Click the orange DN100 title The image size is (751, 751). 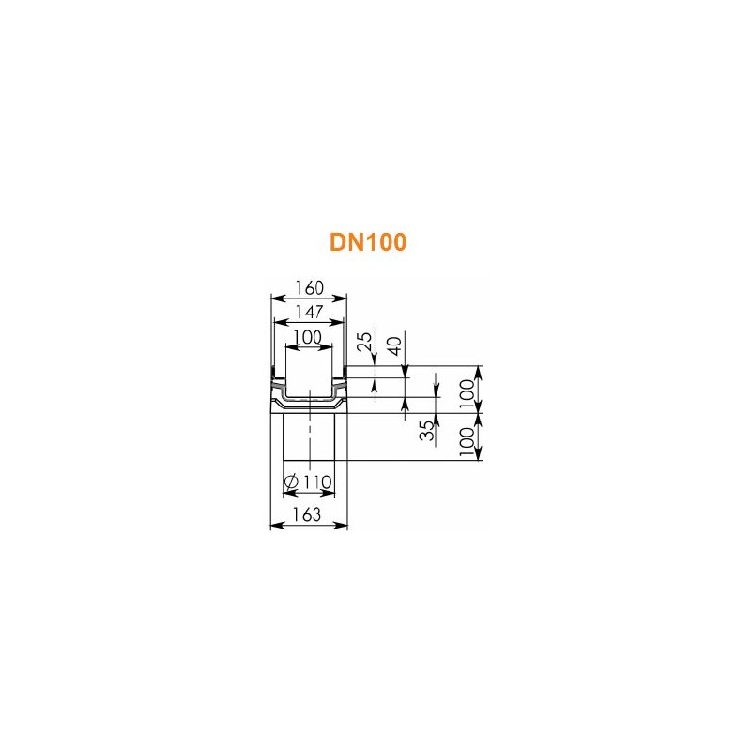click(x=368, y=242)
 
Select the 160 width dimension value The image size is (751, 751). click(x=309, y=288)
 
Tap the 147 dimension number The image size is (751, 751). click(x=309, y=312)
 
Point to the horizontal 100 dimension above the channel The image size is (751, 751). click(x=308, y=337)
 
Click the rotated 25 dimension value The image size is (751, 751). click(x=365, y=342)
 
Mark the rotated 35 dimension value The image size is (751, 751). click(x=426, y=430)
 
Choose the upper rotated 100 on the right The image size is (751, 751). click(x=467, y=393)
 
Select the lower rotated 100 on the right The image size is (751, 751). click(x=467, y=441)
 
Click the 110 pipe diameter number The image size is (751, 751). click(x=317, y=482)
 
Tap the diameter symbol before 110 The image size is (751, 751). click(x=291, y=482)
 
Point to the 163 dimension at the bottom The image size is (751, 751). click(x=307, y=514)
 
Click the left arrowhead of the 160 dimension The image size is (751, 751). click(x=276, y=299)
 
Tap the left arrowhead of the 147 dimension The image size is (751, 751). click(x=279, y=322)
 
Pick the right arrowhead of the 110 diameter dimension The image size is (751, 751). click(x=330, y=492)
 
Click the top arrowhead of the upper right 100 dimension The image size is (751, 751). click(x=479, y=372)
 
